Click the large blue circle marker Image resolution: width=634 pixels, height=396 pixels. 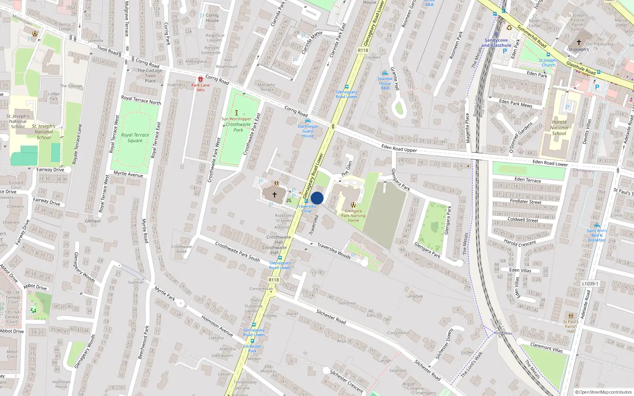click(x=317, y=198)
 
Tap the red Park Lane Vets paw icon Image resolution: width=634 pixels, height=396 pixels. click(x=201, y=79)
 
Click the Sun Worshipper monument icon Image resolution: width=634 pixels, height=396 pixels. click(x=237, y=113)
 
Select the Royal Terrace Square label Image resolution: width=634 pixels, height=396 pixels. click(x=135, y=137)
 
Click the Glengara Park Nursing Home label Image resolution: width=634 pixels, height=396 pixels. click(x=353, y=216)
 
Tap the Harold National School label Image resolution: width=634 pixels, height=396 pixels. click(x=559, y=128)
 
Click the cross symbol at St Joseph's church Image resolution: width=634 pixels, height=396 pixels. click(x=579, y=42)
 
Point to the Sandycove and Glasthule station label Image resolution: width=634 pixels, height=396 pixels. click(x=496, y=43)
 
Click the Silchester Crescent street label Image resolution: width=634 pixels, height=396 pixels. click(x=346, y=381)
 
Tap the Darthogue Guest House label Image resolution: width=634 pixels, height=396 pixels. click(x=308, y=131)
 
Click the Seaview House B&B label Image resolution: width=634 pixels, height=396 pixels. click(x=385, y=83)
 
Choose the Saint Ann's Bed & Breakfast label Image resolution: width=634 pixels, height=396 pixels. click(x=597, y=235)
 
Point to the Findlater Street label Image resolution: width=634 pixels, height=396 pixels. click(x=525, y=202)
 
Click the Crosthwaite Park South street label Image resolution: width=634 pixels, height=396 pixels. click(x=237, y=251)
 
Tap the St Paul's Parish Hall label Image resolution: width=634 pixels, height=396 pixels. click(x=571, y=326)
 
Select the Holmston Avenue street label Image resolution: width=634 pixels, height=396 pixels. click(x=217, y=326)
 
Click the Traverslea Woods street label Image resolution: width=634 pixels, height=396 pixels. click(x=334, y=251)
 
